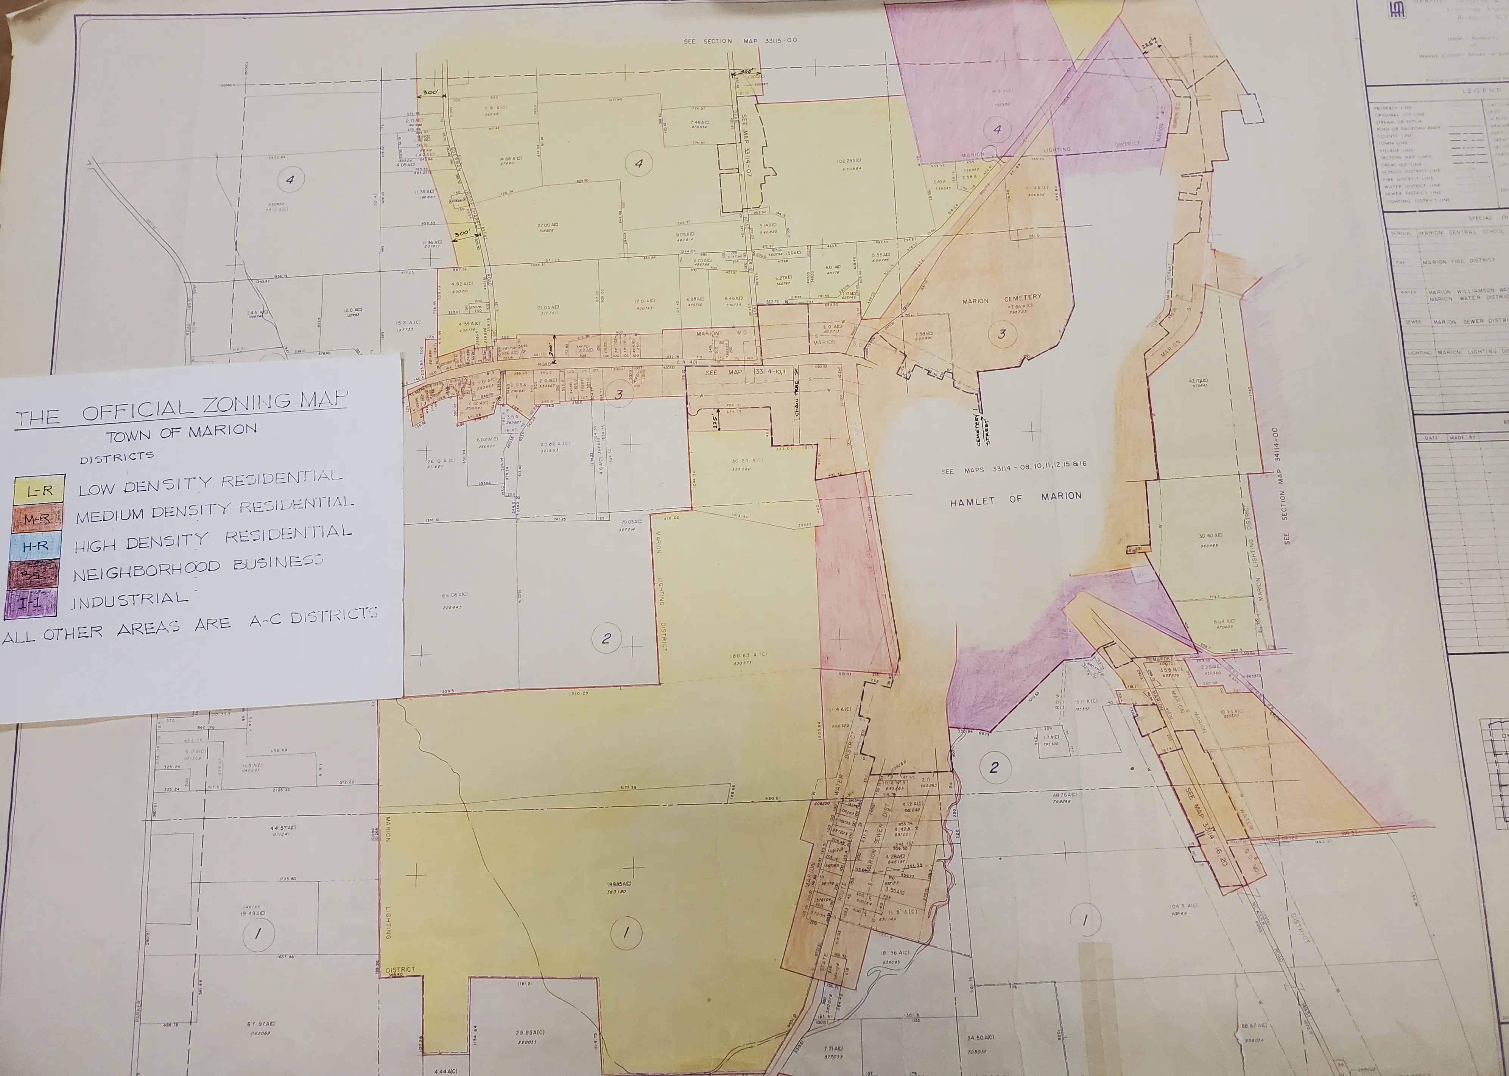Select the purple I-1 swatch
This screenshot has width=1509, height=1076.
point(31,603)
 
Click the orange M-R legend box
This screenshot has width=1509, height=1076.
point(38,519)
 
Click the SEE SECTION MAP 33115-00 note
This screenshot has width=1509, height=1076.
point(740,41)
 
